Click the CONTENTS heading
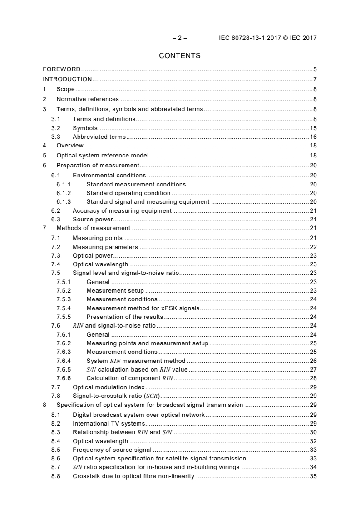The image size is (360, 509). [180, 56]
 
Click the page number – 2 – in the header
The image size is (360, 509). [180, 38]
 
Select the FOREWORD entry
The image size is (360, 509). [62, 69]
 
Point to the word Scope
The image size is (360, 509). [65, 89]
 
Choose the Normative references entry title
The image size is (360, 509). [88, 99]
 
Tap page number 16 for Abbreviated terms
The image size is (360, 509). [313, 137]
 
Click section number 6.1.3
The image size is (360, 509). [64, 202]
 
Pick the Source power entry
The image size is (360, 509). [93, 220]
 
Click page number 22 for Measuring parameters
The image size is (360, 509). [313, 247]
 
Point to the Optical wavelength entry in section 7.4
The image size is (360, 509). [100, 264]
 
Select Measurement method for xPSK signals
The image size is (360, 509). [143, 308]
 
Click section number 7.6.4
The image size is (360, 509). [64, 361]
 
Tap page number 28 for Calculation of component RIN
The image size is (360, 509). [313, 378]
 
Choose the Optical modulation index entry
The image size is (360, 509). [108, 387]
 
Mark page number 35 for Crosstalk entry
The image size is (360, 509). [313, 476]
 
